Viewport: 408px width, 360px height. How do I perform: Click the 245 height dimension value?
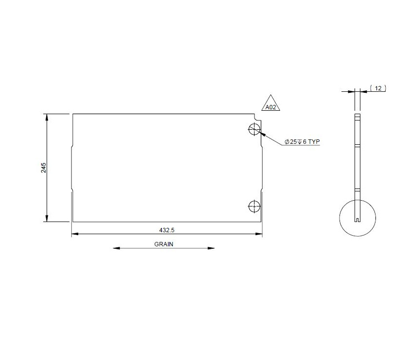click(44, 168)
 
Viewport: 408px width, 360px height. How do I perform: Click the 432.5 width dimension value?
click(167, 229)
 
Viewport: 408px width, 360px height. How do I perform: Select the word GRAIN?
click(164, 244)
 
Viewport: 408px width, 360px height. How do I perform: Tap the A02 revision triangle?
click(271, 104)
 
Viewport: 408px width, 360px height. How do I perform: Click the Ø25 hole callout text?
click(296, 141)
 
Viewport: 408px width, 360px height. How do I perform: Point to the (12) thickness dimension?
click(378, 88)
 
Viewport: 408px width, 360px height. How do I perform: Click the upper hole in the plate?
click(254, 129)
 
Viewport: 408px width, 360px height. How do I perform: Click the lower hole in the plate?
click(254, 206)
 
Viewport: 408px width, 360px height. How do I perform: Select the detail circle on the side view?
click(358, 217)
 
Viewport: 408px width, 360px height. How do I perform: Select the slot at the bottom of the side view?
click(358, 220)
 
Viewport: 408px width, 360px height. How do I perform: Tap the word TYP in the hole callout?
click(314, 141)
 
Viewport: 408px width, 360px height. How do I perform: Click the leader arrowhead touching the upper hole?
click(259, 132)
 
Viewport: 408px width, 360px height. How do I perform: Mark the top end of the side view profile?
click(357, 115)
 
